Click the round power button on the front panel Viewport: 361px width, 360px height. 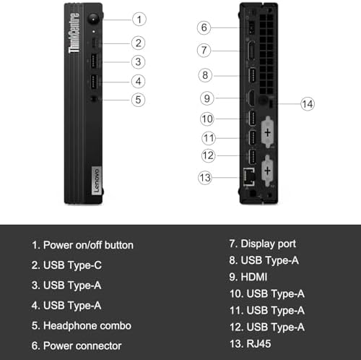[93, 19]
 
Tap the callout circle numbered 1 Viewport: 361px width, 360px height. [139, 20]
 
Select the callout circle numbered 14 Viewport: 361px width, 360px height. [308, 104]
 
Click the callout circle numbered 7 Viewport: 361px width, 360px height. [204, 51]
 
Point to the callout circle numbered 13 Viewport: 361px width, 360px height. [205, 178]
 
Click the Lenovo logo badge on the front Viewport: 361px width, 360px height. [96, 181]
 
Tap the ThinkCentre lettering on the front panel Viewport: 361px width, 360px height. [74, 33]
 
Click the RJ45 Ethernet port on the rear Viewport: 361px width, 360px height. [249, 177]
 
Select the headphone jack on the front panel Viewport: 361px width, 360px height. [94, 99]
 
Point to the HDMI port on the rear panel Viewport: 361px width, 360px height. [251, 98]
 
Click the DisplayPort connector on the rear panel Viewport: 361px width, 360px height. [251, 51]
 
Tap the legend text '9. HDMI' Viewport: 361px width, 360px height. [248, 277]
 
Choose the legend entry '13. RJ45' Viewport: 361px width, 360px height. [251, 343]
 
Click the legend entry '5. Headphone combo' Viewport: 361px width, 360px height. [82, 326]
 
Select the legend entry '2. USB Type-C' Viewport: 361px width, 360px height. [66, 265]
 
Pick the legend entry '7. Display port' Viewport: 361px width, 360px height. [263, 244]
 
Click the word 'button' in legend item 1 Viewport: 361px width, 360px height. [119, 245]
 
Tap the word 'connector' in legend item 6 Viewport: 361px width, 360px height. [99, 346]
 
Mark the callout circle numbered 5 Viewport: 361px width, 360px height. [138, 100]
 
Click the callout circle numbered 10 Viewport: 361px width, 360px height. [207, 119]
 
